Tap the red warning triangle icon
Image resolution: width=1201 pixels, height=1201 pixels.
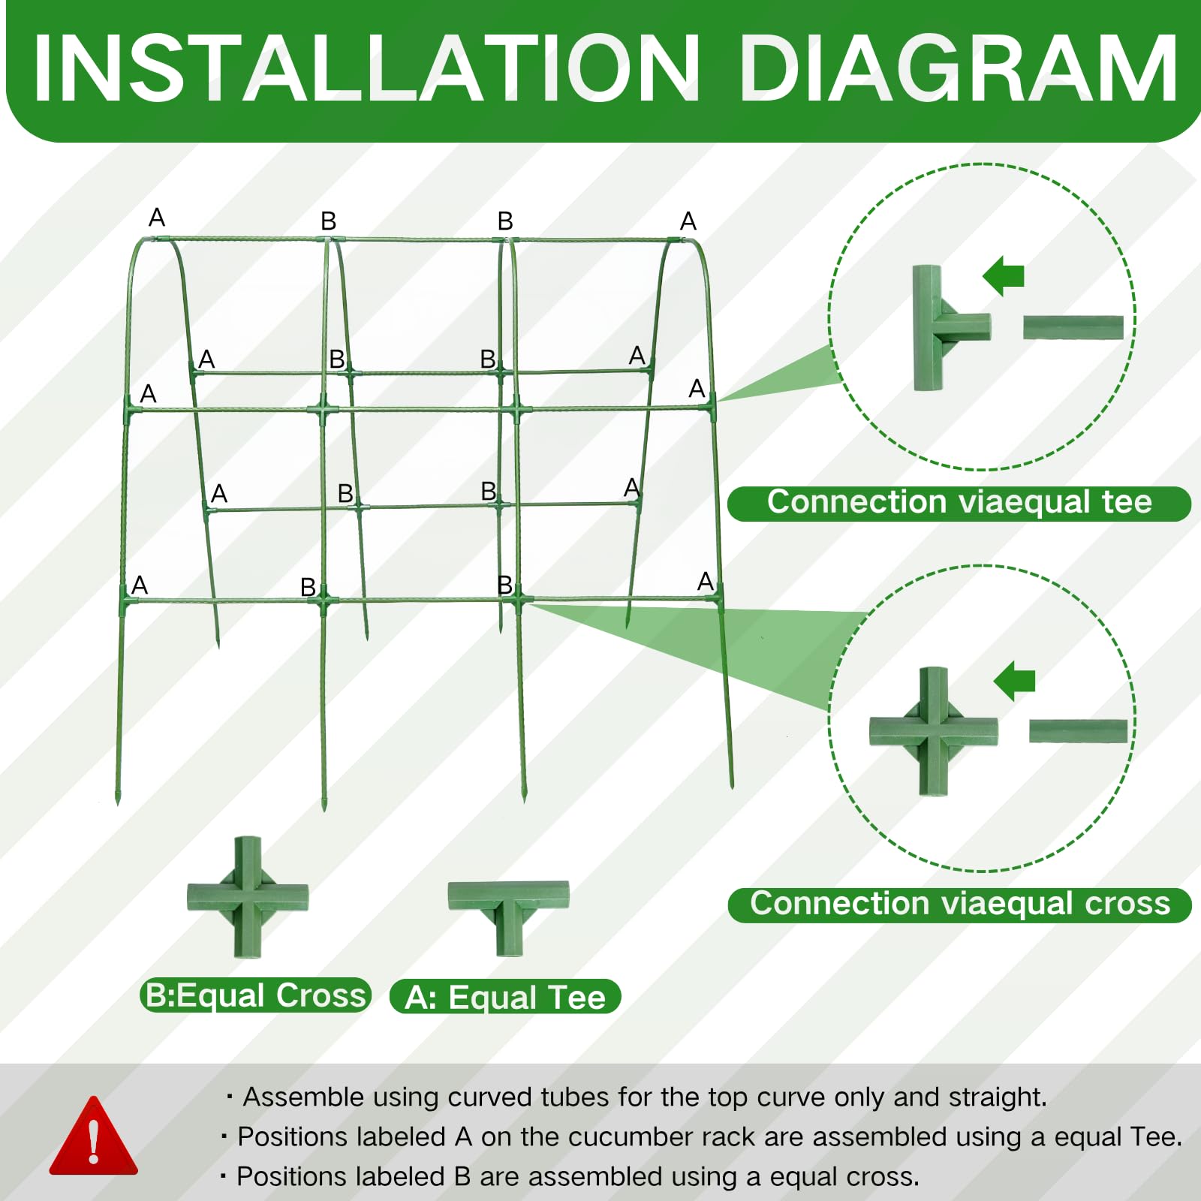(x=94, y=1136)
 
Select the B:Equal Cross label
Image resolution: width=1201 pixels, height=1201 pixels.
(x=255, y=995)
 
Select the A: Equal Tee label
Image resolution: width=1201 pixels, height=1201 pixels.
(x=505, y=997)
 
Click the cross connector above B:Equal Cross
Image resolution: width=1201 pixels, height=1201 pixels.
(x=248, y=898)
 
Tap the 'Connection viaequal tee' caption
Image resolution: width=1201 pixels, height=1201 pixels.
(x=959, y=502)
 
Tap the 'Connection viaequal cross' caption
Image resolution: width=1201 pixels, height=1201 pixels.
(x=960, y=904)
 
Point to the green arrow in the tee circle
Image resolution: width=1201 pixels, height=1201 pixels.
(x=1004, y=276)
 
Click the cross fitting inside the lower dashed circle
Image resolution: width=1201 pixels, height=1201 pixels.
(x=934, y=731)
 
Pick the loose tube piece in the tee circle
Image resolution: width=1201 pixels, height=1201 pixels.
(x=1073, y=327)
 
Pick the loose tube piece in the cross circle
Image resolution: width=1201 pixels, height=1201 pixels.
(x=1079, y=731)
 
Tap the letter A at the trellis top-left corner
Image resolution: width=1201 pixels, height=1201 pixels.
(x=157, y=218)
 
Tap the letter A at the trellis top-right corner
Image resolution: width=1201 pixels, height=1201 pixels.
(x=688, y=221)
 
